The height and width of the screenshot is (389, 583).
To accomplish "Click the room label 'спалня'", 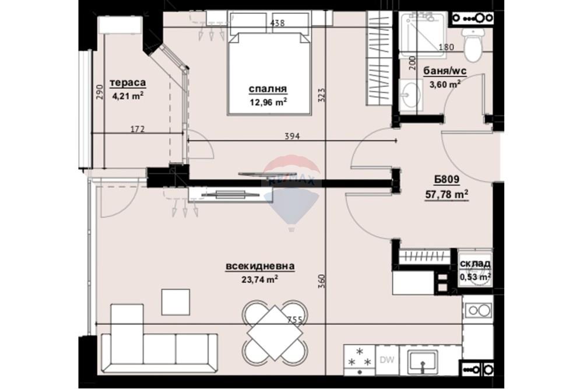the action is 268,89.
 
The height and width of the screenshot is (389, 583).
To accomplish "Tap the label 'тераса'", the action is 128,83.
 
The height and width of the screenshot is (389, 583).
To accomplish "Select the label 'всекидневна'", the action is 260,267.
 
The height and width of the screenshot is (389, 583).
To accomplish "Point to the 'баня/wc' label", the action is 445,71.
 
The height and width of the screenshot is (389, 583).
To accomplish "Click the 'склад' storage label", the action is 475,264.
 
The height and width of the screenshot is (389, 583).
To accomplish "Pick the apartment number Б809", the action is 447,180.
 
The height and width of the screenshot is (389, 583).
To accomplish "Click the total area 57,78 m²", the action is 447,194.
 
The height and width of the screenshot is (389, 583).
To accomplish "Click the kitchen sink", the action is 422,362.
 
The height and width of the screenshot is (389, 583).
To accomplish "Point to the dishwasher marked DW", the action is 387,360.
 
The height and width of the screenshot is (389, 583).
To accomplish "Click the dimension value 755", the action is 295,320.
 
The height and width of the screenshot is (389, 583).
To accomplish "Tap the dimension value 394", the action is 292,136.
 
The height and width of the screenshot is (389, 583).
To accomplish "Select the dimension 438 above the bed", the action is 278,23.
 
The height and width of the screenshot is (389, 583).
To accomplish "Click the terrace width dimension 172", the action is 138,129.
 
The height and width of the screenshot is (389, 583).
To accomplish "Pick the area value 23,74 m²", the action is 260,279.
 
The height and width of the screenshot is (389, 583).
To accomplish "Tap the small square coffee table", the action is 175,302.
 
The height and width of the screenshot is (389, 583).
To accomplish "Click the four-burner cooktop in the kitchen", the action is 359,360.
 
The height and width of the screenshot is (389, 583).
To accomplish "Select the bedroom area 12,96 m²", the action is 268,102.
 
